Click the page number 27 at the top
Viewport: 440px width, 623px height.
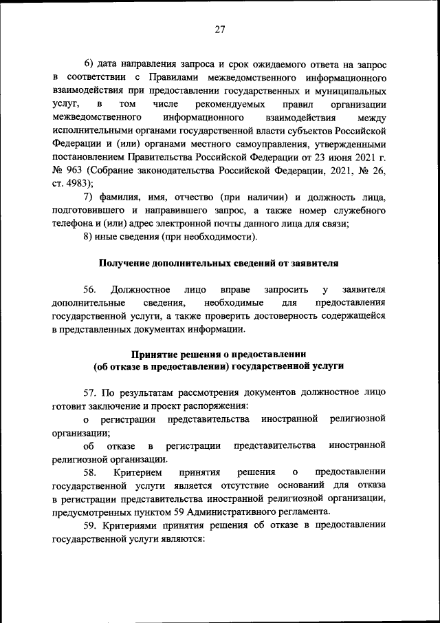[219, 29]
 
